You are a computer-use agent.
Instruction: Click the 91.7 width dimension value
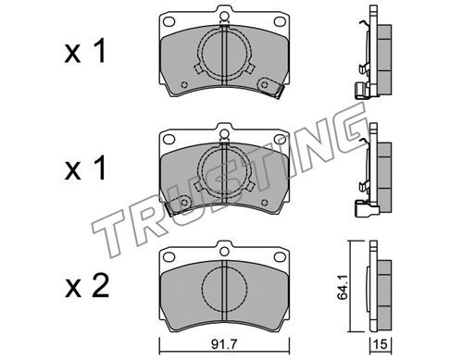point(224,344)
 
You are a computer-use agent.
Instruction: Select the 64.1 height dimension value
point(343,288)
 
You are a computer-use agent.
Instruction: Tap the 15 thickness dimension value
point(381,344)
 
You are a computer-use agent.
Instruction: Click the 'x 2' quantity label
point(87,286)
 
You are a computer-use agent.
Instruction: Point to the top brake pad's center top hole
point(224,16)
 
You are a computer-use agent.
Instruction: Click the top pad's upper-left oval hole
point(169,21)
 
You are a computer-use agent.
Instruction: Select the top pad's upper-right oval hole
point(280,21)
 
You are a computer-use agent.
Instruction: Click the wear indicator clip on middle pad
point(178,205)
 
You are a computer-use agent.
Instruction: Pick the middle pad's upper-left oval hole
point(169,139)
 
